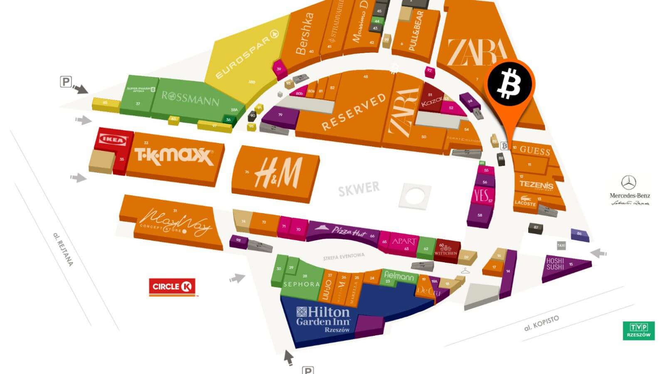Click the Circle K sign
(x=172, y=287)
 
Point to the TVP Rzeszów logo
(x=639, y=331)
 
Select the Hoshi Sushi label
(x=555, y=264)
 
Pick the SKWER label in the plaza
(x=359, y=189)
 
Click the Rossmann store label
(x=190, y=98)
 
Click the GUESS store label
(x=535, y=150)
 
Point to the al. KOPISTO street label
(x=542, y=323)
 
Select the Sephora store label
(x=301, y=284)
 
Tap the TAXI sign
(x=561, y=246)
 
